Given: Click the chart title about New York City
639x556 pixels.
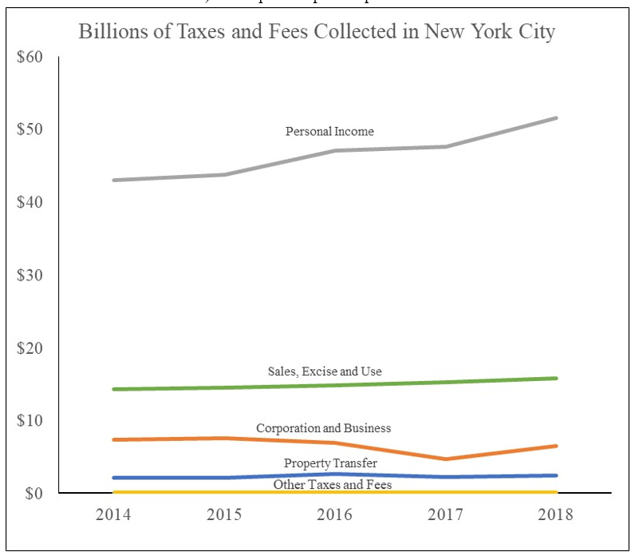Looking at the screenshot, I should (x=317, y=33).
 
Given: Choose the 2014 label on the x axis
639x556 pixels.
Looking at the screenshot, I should (x=114, y=514).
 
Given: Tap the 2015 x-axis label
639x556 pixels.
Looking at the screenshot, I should (x=224, y=514).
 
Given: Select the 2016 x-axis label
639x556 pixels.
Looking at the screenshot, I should (x=335, y=514).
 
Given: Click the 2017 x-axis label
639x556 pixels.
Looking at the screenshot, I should (x=445, y=514).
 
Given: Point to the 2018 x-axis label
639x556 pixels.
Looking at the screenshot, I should (x=555, y=514).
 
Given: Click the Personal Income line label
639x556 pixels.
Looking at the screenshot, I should (x=329, y=131).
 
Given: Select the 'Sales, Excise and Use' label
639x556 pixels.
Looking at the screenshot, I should (x=325, y=371).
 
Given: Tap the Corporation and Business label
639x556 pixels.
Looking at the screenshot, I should (x=323, y=428).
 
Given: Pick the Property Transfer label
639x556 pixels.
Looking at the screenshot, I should (x=330, y=463).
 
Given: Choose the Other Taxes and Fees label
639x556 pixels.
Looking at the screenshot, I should (x=333, y=484).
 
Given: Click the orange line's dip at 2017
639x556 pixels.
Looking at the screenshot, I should (x=445, y=459).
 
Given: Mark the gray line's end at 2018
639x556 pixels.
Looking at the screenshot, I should (x=555, y=118).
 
